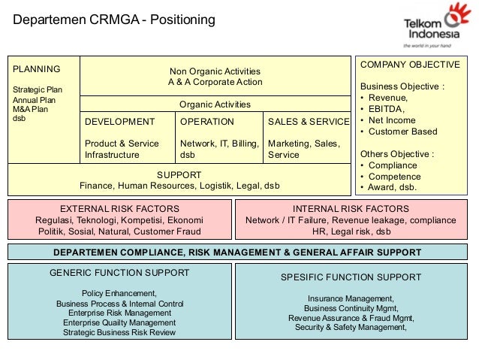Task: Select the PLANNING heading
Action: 37,69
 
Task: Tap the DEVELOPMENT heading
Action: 119,122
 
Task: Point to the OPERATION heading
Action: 207,122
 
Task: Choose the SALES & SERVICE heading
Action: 309,122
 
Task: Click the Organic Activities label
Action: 215,104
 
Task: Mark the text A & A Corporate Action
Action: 215,81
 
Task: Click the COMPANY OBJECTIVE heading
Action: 410,65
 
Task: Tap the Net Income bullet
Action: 393,120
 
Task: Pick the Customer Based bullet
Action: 402,132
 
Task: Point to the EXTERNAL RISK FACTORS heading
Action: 119,209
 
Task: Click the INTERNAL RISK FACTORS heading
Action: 351,209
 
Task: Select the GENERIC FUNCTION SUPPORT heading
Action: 119,273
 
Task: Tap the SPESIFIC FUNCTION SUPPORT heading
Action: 351,277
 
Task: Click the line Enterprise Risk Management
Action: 119,313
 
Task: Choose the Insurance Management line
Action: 351,298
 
